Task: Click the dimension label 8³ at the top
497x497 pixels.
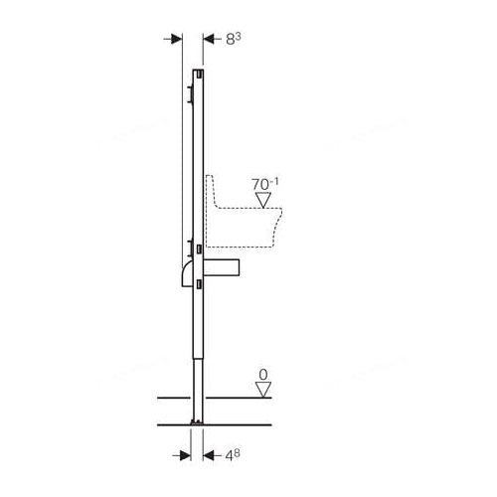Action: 233,39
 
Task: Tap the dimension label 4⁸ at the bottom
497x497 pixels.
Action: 233,455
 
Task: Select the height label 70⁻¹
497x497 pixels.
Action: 265,184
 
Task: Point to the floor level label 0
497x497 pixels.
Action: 263,375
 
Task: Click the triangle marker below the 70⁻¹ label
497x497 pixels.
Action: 263,200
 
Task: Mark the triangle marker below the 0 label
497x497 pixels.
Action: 263,390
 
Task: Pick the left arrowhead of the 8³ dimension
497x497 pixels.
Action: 177,40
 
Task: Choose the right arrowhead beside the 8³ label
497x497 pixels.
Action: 209,40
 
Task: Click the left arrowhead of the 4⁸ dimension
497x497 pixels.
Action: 185,455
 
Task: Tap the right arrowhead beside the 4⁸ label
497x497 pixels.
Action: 209,455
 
